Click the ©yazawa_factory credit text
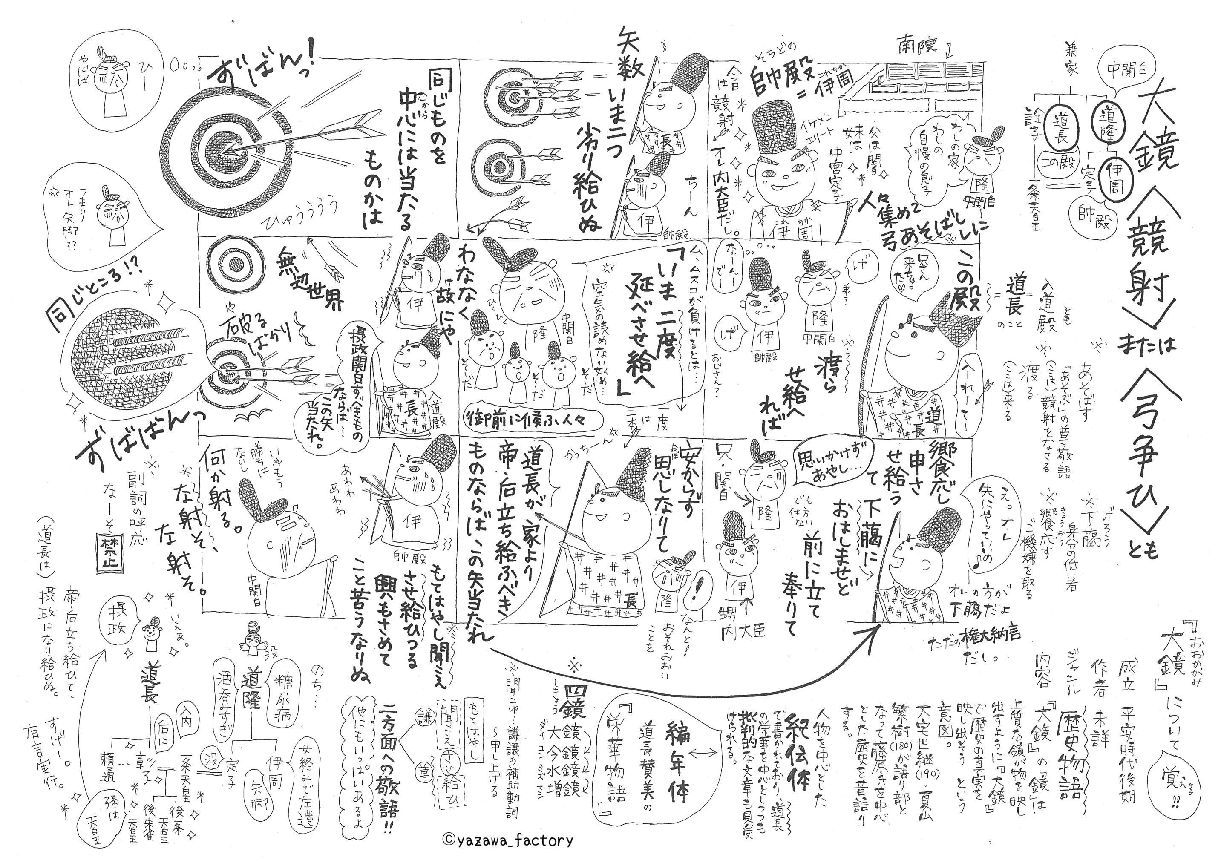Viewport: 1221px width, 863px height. (x=507, y=840)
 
